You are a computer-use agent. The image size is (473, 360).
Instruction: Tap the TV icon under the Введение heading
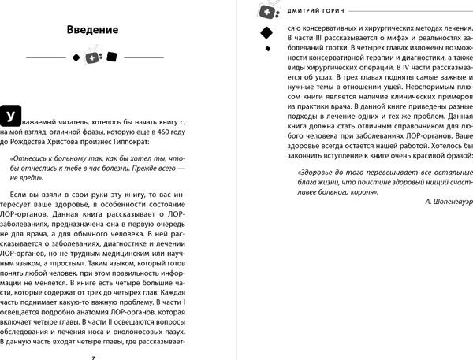(93, 58)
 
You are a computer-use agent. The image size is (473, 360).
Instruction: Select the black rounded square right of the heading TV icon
(111, 58)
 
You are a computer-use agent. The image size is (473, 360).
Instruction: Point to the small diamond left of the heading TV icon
(76, 58)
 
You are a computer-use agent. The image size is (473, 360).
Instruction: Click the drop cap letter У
(9, 117)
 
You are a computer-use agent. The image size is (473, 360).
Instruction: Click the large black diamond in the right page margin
(266, 32)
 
